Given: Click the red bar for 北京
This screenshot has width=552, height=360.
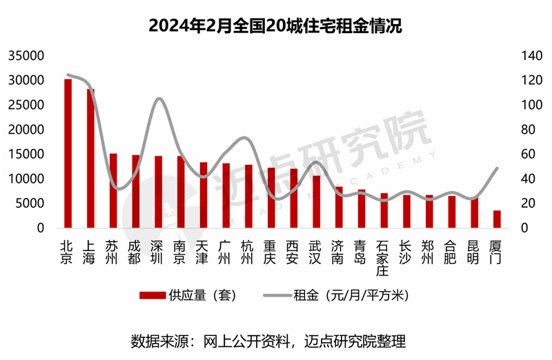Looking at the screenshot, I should [x=68, y=153].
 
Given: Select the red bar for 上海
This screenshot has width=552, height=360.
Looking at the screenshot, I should [x=90, y=158].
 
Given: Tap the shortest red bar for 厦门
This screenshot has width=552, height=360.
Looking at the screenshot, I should [x=497, y=219].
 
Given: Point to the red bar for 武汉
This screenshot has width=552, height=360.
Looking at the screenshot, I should [x=316, y=201].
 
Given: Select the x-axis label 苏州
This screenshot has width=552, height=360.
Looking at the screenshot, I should [x=112, y=251].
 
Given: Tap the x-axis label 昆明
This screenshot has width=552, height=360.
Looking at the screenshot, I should [x=474, y=251].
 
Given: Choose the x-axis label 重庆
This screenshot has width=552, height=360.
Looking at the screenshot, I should [x=270, y=251].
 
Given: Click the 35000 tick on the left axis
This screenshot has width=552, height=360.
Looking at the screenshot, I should [x=27, y=56].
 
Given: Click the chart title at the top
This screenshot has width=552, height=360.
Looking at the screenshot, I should [x=275, y=26].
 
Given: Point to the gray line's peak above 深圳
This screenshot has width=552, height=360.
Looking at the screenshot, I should [x=159, y=99].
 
